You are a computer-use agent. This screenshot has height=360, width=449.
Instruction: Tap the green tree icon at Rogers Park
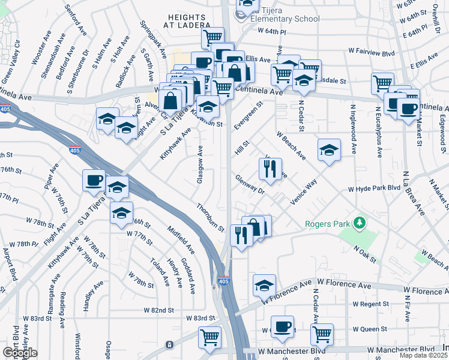pyautogui.click(x=360, y=223)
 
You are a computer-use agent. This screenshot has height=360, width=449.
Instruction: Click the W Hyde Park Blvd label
pyautogui.click(x=374, y=189)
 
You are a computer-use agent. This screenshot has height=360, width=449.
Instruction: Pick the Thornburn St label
pyautogui.click(x=209, y=217)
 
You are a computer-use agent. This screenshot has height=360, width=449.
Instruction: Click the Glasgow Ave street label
pyautogui.click(x=200, y=160)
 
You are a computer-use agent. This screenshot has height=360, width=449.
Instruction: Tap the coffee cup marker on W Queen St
pyautogui.click(x=283, y=327)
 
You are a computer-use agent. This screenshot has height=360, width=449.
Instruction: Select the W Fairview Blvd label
pyautogui.click(x=371, y=53)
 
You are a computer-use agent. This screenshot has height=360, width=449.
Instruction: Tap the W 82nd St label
pyautogui.click(x=158, y=310)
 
